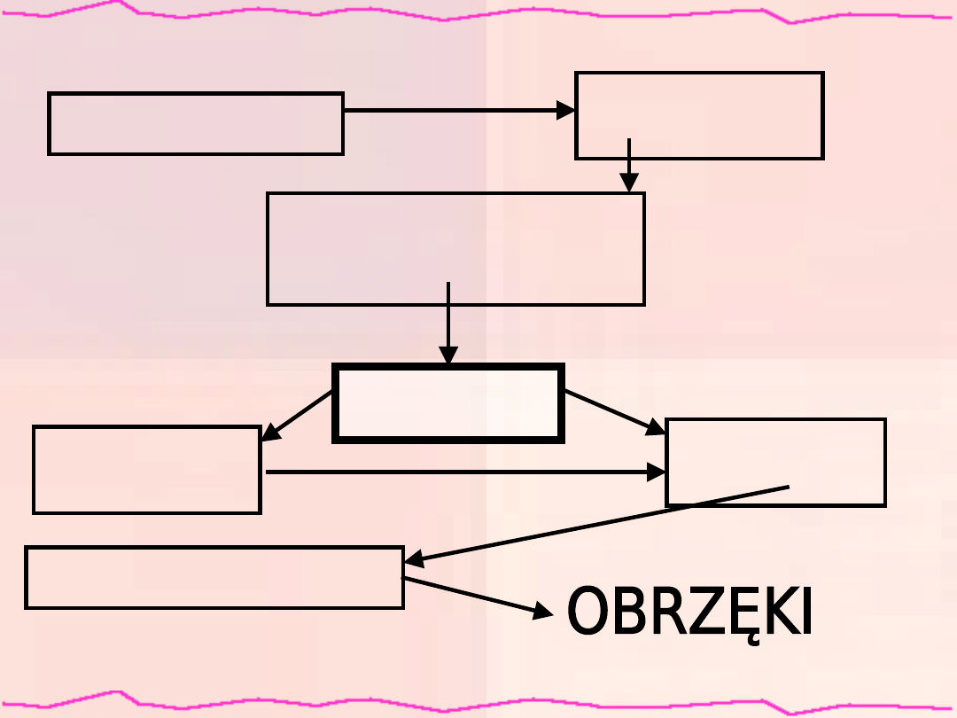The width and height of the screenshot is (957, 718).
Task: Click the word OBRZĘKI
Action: pyautogui.click(x=689, y=613)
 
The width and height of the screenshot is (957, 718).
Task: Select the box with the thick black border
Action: pyautogui.click(x=448, y=403)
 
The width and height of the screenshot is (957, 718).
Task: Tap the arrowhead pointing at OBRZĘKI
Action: pyautogui.click(x=542, y=612)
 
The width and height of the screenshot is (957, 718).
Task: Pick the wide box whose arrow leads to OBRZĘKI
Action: pyautogui.click(x=214, y=577)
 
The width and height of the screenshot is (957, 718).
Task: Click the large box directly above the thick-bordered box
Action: pyautogui.click(x=455, y=249)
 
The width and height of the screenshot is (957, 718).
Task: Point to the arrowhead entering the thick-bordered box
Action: pyautogui.click(x=449, y=355)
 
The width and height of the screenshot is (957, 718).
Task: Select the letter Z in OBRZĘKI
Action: pyautogui.click(x=698, y=613)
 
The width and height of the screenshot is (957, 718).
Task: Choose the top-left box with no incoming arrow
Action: pyautogui.click(x=196, y=123)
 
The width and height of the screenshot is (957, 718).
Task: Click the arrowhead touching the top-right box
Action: pyautogui.click(x=565, y=111)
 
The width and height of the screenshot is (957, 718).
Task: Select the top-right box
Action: pyautogui.click(x=699, y=115)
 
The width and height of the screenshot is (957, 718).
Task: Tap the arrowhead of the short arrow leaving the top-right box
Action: pyautogui.click(x=628, y=183)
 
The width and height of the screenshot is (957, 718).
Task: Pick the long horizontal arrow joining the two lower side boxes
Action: pyautogui.click(x=461, y=472)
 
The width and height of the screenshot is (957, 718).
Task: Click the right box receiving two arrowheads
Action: pyautogui.click(x=775, y=462)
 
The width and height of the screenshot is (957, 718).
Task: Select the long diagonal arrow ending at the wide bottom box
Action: pyautogui.click(x=594, y=523)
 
